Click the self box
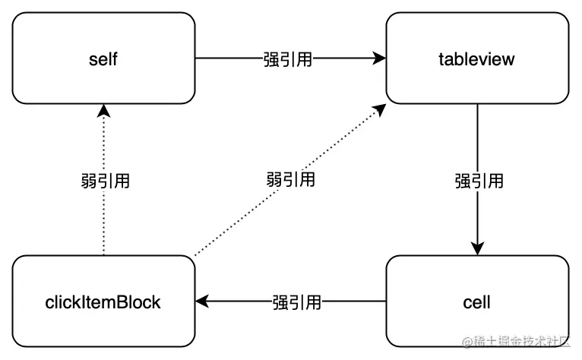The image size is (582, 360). pos(103,58)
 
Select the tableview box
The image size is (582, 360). pos(477,58)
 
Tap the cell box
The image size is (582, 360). pos(477,302)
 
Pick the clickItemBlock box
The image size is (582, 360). pos(103,302)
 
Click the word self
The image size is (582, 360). pos(103,59)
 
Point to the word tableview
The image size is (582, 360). pos(477,59)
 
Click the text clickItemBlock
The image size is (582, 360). pos(103,302)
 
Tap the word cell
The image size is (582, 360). pos(477,302)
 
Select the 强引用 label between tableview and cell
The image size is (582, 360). pos(479,181)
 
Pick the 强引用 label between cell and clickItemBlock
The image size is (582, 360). pos(296,302)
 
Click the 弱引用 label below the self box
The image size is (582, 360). pos(104,181)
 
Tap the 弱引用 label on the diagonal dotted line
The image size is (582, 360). pos(291,180)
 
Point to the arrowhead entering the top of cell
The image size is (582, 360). pos(477,248)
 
